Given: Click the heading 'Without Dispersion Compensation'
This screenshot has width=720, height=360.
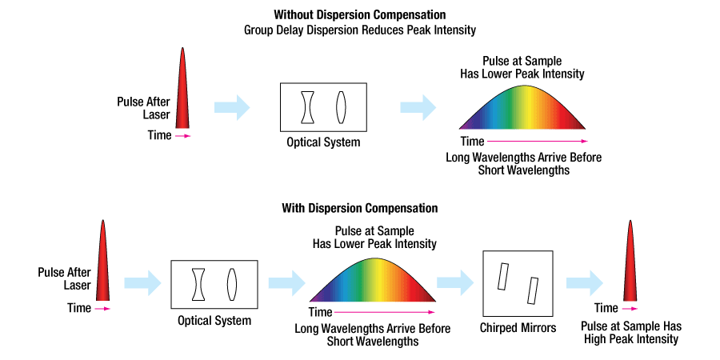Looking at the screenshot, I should [x=359, y=15].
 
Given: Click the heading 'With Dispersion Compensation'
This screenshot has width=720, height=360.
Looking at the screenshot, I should [x=359, y=208].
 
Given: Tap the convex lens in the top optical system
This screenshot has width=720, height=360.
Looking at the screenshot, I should [x=341, y=107].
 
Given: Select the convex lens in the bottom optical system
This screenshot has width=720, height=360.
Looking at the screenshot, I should [x=232, y=284].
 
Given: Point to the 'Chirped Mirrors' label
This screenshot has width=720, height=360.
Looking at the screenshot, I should [x=518, y=328].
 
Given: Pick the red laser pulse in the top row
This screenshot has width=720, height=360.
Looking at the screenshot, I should [x=183, y=90].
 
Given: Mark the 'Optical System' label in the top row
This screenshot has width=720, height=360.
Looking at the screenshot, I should [x=323, y=142].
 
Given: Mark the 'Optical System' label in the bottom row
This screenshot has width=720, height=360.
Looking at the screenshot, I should [x=214, y=321].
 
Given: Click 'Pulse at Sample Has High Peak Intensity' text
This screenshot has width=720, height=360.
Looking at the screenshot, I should [x=630, y=333].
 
